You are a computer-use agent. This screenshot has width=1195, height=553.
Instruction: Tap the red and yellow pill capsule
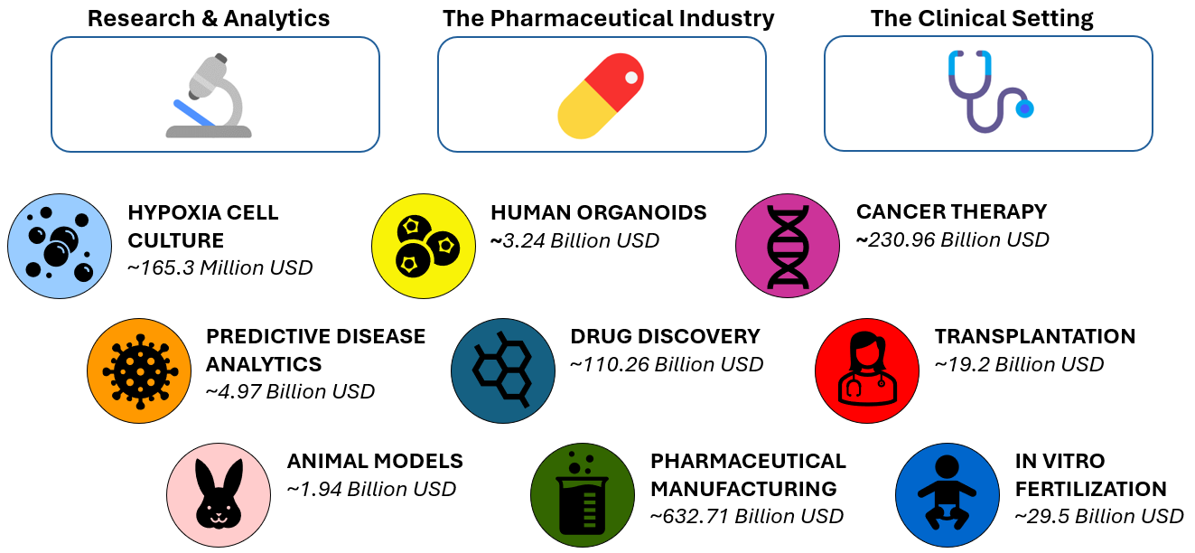point(601,96)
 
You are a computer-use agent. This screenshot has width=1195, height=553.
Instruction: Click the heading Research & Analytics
point(209,19)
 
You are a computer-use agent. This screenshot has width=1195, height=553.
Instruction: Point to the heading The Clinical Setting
point(982,19)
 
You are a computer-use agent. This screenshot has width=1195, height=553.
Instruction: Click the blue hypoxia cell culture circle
point(60,246)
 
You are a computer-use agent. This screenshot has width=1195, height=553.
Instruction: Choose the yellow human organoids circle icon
point(424,246)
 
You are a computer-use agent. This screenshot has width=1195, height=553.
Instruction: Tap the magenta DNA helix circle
point(788,246)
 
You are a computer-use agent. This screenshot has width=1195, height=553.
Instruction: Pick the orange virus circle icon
point(139,371)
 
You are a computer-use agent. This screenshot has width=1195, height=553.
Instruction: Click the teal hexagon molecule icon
point(503,371)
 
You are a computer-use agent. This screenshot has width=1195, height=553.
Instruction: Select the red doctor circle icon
point(867,371)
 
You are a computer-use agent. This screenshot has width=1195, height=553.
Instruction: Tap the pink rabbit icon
point(219,495)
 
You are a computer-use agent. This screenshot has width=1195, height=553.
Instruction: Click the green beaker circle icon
point(583,495)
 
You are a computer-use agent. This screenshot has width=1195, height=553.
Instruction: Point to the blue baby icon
point(947,495)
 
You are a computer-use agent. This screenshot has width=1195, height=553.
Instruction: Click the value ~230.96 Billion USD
point(953,239)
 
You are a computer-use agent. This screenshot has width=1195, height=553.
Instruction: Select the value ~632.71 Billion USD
point(747,516)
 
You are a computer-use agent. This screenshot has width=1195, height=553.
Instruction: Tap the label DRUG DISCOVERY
point(666,336)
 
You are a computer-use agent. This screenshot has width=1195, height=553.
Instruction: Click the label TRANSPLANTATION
point(1035,336)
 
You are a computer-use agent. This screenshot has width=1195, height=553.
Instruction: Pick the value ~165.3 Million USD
point(219,267)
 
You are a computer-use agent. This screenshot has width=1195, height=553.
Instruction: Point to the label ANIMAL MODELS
point(375,461)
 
